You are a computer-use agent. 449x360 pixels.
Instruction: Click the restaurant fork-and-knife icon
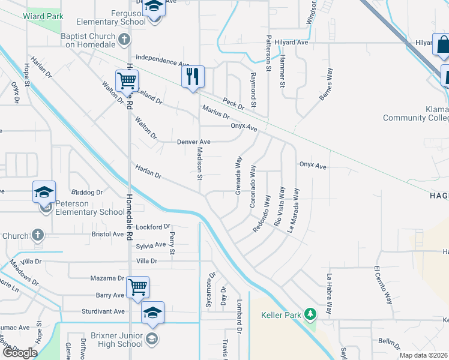pos(193,77)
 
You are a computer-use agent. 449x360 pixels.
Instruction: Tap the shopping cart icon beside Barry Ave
pos(138,287)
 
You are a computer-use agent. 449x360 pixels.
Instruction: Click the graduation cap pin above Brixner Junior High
pos(152,313)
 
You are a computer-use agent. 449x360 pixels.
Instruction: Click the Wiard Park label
pos(43,16)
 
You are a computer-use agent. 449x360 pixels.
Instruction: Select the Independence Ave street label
pos(163,60)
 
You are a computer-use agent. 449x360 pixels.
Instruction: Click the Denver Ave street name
pos(193,142)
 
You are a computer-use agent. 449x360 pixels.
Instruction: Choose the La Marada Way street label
pos(295,211)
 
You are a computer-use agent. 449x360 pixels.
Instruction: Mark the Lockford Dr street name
pos(153,227)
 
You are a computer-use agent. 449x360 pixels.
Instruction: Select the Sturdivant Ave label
pos(103,311)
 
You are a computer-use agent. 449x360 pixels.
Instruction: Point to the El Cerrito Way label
pos(384,285)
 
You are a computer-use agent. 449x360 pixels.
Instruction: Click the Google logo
pos(20,353)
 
